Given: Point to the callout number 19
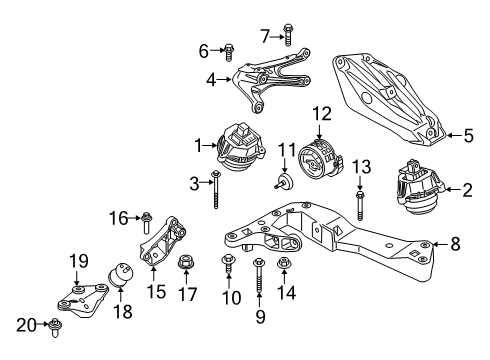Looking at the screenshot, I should [74, 262].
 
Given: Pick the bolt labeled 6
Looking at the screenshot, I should [229, 50].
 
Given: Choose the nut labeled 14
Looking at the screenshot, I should [282, 266].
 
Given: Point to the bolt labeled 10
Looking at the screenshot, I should [226, 266].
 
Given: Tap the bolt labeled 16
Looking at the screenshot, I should [147, 220].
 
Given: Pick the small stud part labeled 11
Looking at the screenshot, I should [286, 182].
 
